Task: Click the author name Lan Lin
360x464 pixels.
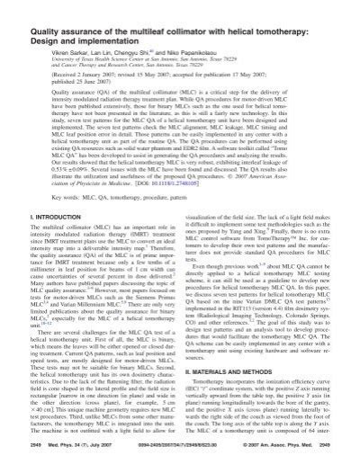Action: pos(110,39)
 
